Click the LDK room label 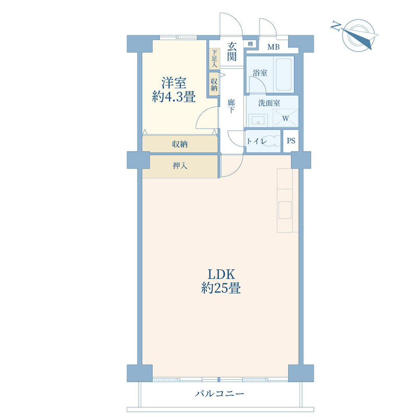(220, 274)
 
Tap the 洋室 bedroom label (174, 83)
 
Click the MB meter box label (273, 47)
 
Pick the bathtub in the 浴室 (284, 75)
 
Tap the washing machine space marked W (285, 118)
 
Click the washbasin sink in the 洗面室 (258, 120)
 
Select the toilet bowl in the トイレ (271, 141)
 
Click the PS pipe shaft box (291, 141)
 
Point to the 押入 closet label (180, 166)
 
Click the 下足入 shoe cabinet (214, 59)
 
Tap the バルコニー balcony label (219, 394)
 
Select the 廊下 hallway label (231, 106)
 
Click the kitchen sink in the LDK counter (285, 210)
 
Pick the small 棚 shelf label (250, 44)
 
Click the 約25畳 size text (220, 288)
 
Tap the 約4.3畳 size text (174, 96)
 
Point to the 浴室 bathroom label (260, 72)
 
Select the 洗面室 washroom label (269, 103)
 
